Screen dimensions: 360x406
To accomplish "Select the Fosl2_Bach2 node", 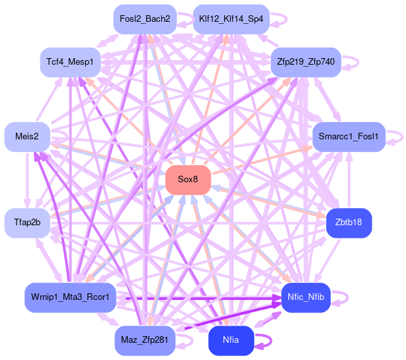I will pyautogui.click(x=145, y=19).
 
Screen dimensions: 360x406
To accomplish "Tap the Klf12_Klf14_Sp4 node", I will pyautogui.click(x=231, y=19).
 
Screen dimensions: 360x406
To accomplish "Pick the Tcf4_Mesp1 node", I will pyautogui.click(x=69, y=62).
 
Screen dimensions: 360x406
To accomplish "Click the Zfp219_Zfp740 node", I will pyautogui.click(x=305, y=62).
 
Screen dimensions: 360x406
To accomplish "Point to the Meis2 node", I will pyautogui.click(x=26, y=137).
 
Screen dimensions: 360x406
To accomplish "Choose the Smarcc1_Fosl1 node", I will pyautogui.click(x=348, y=137).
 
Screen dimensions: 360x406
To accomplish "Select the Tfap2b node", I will pyautogui.click(x=26, y=223).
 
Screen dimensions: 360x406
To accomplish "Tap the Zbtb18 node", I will pyautogui.click(x=348, y=223).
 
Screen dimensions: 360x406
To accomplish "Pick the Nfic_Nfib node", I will pyautogui.click(x=305, y=297).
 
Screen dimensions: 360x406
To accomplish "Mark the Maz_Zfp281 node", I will pyautogui.click(x=145, y=340).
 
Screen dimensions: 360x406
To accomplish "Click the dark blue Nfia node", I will pyautogui.click(x=231, y=340).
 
